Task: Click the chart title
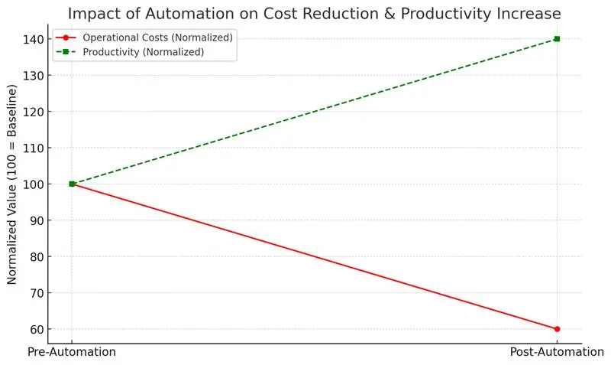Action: point(314,13)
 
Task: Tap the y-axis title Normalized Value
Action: point(13,184)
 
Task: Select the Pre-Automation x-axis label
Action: point(72,352)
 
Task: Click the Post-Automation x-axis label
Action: point(557,352)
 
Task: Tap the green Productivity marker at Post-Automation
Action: point(557,39)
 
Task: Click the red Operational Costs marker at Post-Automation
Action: point(557,329)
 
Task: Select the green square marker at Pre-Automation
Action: point(72,184)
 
